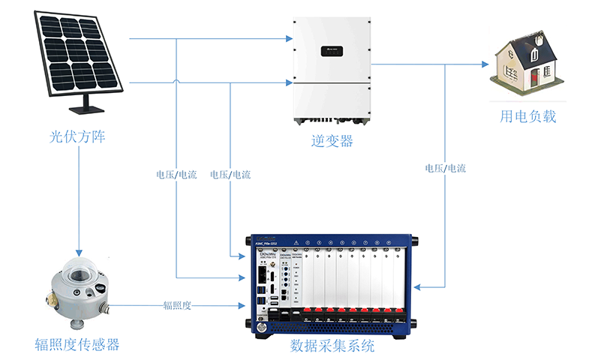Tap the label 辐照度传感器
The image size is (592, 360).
point(77,345)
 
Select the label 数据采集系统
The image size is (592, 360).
point(332,347)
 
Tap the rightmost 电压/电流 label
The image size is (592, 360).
point(445,168)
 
